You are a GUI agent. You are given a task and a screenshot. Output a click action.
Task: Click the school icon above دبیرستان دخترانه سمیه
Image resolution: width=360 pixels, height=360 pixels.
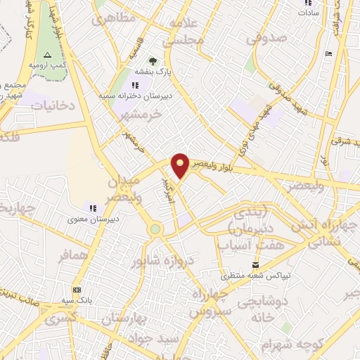(x=135, y=86)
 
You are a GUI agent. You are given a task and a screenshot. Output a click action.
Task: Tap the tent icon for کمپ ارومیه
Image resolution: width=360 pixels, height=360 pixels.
(x=47, y=55)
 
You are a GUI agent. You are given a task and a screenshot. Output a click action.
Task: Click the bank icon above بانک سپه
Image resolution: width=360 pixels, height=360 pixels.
(x=76, y=290)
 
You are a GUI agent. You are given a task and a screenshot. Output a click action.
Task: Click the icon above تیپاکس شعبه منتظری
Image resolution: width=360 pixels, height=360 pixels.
(x=255, y=264)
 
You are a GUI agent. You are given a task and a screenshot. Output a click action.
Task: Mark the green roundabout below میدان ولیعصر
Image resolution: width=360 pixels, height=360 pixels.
(x=155, y=229)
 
